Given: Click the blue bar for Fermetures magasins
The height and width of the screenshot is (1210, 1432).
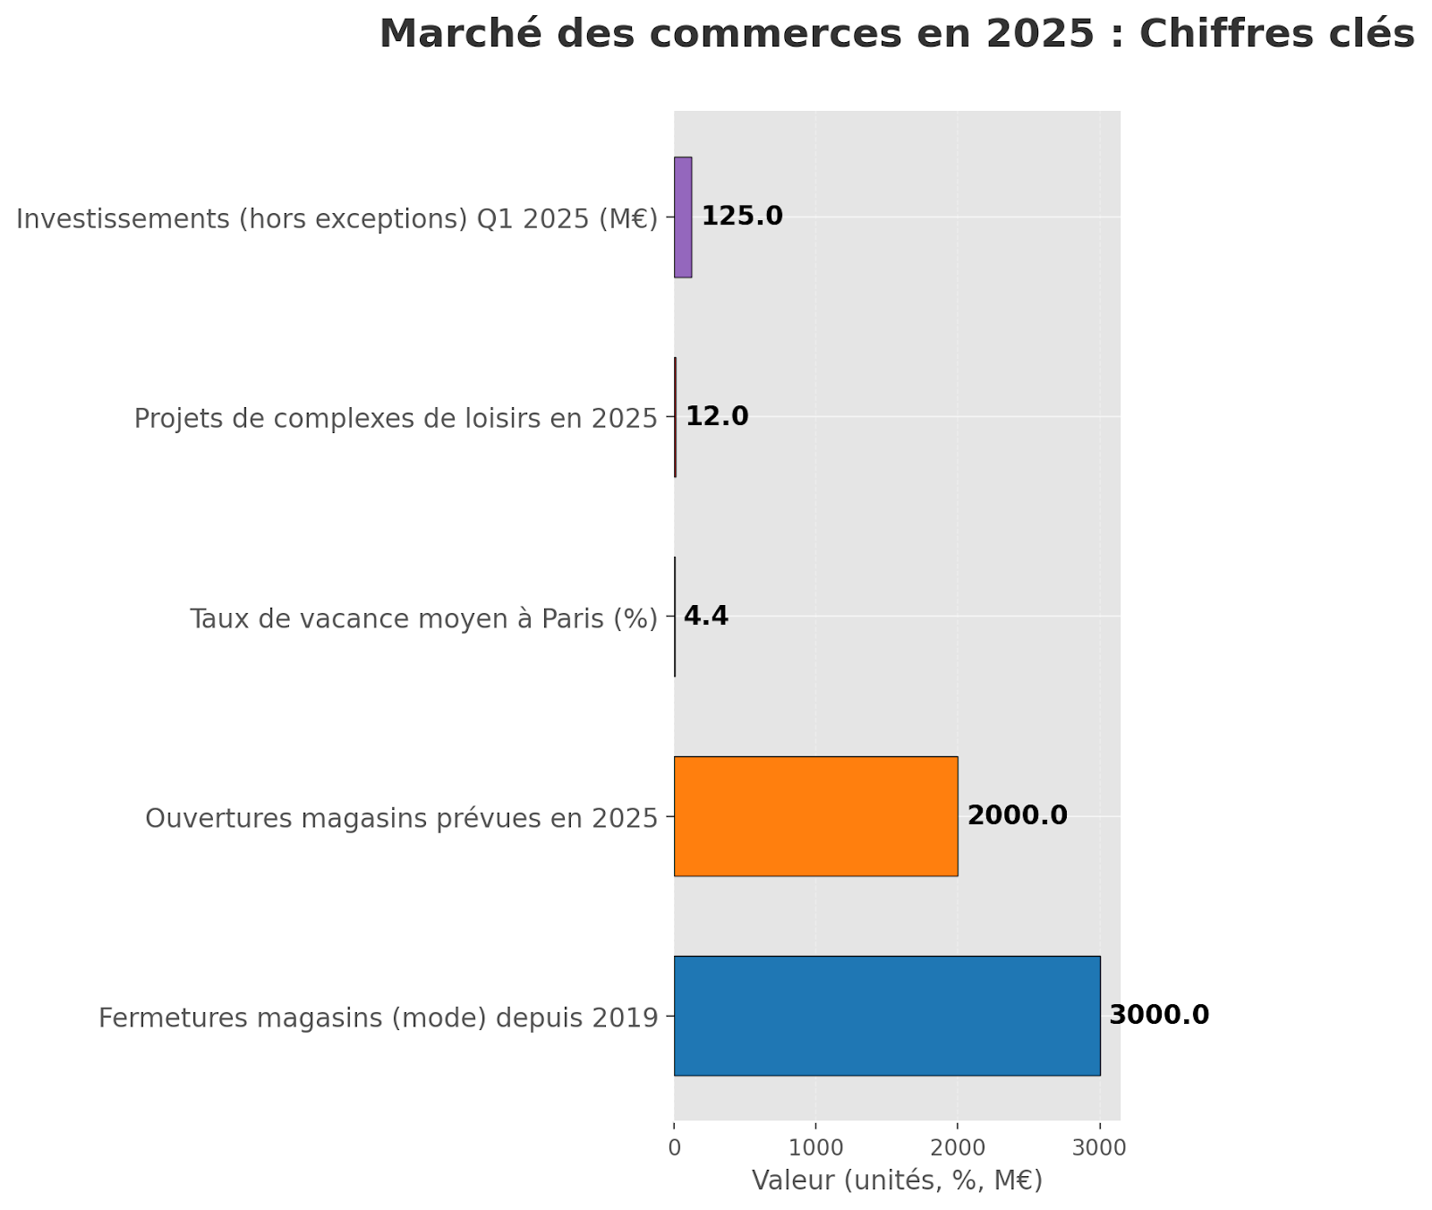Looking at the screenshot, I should point(886,1016).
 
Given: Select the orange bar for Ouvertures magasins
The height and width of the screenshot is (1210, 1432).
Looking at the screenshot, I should point(815,816).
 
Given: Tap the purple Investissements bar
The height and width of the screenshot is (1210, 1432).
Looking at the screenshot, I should point(683,217).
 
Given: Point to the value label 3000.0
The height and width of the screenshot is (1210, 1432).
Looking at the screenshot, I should point(1159,1016).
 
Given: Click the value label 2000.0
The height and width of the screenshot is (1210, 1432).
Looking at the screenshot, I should point(1018,816).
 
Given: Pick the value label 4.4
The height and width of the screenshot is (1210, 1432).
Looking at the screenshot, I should point(706,617).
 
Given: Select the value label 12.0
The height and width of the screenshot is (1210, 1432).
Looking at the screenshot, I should point(717,417).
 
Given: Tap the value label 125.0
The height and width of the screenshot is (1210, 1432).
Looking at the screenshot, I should point(742,217).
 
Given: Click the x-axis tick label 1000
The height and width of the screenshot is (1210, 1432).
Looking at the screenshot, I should point(815,1147).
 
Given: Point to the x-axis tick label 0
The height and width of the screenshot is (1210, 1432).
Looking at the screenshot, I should point(674,1147).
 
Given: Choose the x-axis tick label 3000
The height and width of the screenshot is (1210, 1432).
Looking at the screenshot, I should point(1100,1147).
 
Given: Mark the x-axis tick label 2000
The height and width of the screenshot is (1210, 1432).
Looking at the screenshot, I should point(958,1147).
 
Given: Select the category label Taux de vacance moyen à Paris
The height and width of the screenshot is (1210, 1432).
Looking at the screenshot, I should point(423,618).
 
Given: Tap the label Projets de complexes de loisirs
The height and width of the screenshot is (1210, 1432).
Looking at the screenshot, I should point(396,418).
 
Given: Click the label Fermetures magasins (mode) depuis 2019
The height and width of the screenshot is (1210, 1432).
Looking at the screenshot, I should point(378,1018).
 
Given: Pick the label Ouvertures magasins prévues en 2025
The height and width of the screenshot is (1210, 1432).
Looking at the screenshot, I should point(401,818).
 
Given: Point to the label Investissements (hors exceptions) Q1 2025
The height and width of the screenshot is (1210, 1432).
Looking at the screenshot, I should point(337,218).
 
